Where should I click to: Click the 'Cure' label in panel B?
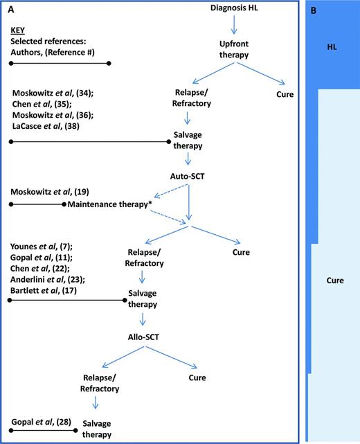(335, 281)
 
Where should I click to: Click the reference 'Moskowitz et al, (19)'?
(50, 190)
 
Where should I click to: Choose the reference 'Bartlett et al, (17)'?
(46, 290)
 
